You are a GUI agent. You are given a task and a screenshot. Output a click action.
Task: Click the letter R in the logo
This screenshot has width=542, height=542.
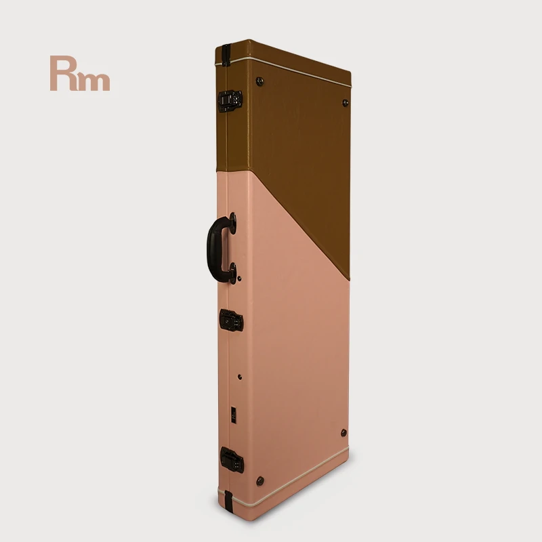point(64,73)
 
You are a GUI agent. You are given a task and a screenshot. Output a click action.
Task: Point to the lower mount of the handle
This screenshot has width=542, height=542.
point(233,273)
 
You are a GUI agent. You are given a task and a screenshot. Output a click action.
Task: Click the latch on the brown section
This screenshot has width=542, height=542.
point(230,101)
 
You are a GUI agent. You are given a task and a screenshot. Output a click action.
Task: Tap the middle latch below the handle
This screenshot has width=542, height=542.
point(231,320)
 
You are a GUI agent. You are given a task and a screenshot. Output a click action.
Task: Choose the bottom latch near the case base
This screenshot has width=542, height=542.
point(232,460)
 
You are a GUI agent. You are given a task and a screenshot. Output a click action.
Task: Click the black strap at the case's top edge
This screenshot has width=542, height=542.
point(226,56)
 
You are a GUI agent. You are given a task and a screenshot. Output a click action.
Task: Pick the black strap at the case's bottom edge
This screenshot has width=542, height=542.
point(228,501)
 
